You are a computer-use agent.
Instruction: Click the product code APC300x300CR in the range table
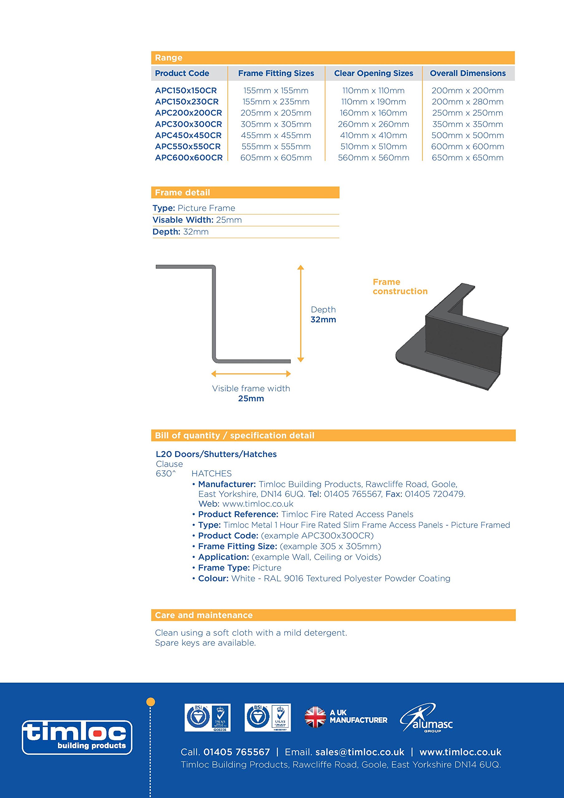[x=188, y=124]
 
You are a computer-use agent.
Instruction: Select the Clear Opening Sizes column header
[x=374, y=73]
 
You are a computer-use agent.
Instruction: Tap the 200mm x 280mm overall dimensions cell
[x=467, y=102]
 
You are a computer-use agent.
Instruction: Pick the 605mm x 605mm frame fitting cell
[x=276, y=158]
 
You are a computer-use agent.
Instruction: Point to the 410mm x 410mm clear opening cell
[x=374, y=136]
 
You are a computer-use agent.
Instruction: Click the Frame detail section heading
[x=182, y=193]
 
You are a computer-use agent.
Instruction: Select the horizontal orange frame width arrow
[x=251, y=374]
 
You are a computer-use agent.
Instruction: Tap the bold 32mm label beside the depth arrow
[x=323, y=320]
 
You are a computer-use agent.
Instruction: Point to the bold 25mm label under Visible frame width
[x=251, y=399]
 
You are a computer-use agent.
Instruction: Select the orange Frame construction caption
[x=400, y=287]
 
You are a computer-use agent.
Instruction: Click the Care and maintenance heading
[x=204, y=615]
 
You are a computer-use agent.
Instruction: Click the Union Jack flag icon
[x=315, y=717]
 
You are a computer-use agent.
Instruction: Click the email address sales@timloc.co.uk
[x=360, y=752]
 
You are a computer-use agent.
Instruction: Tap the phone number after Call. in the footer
[x=236, y=752]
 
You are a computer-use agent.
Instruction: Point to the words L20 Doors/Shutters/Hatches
[x=216, y=454]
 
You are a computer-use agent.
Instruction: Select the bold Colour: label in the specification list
[x=213, y=578]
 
